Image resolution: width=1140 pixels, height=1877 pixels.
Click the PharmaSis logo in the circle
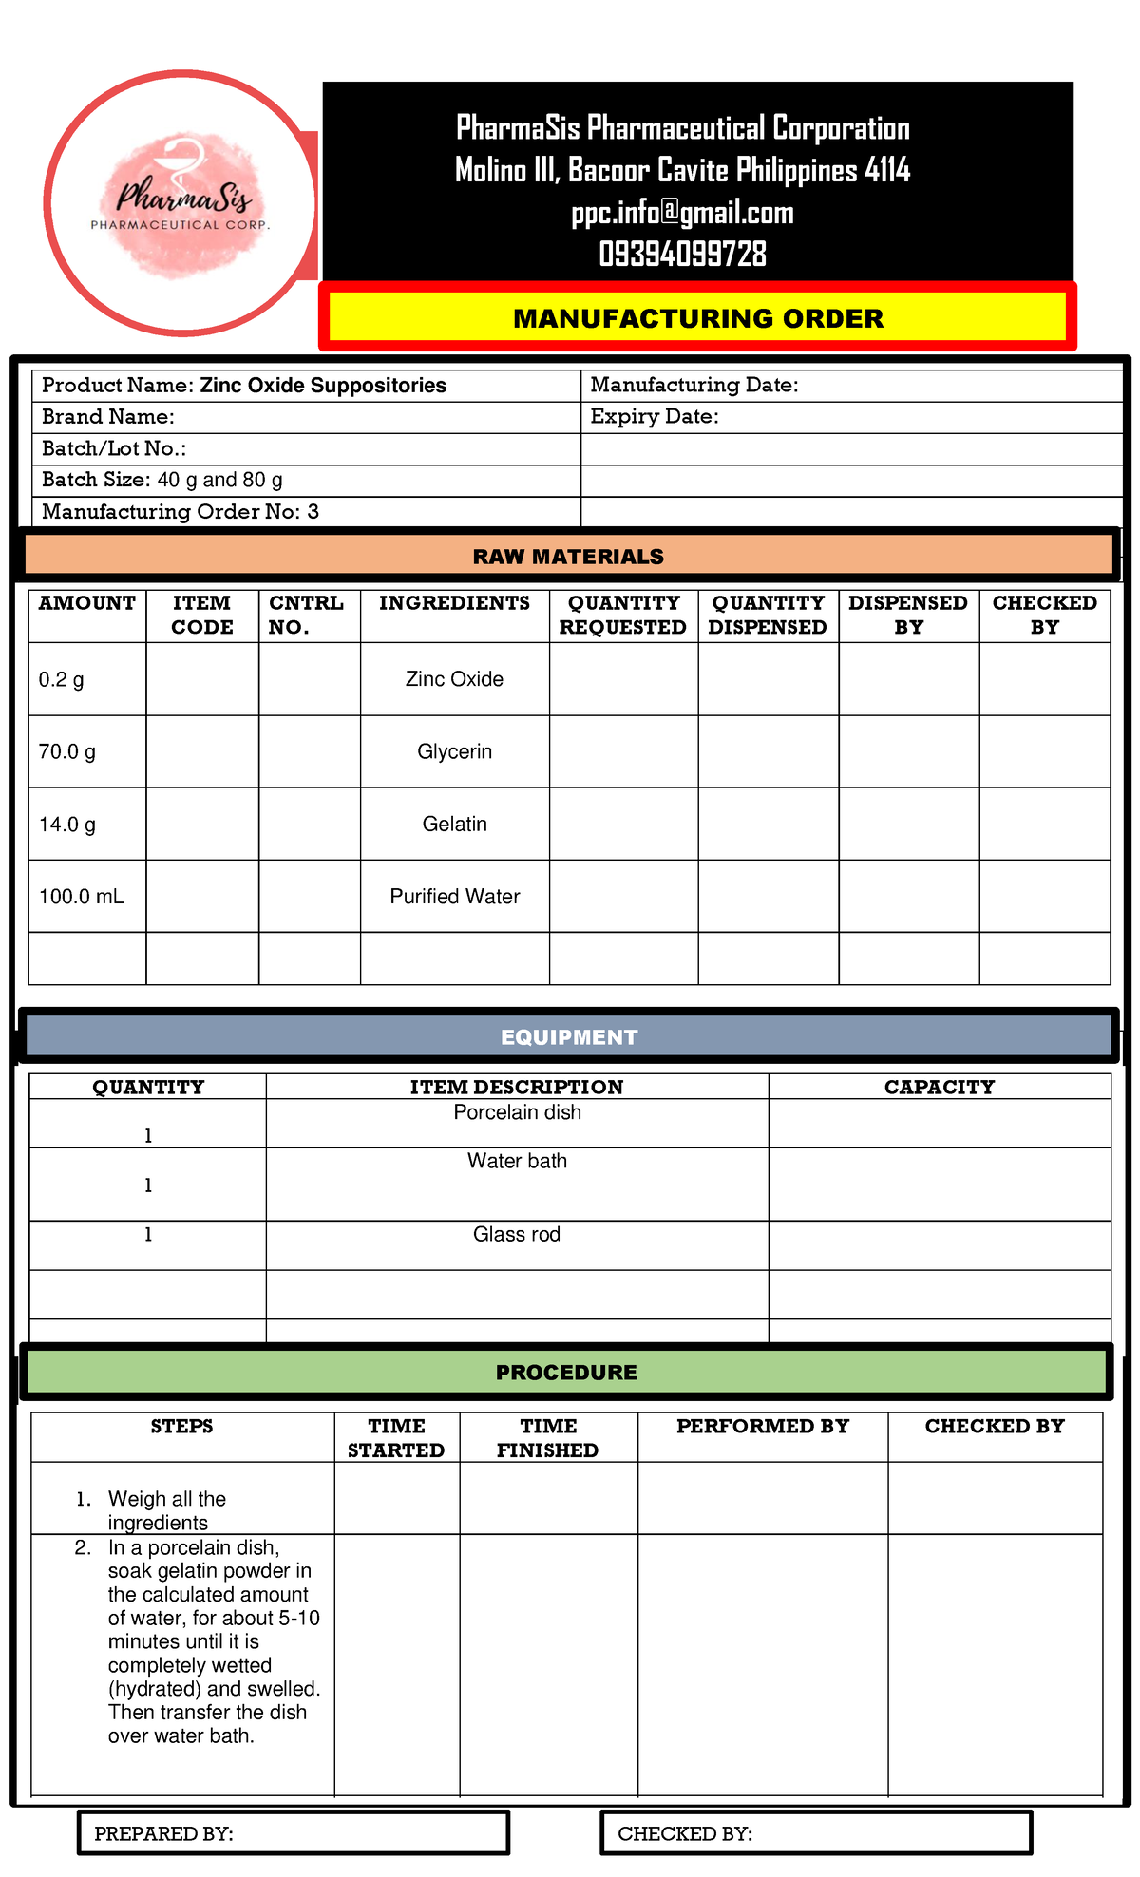tap(180, 202)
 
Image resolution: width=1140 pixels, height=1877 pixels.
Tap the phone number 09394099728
tap(682, 255)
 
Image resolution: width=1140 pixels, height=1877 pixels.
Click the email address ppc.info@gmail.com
tap(682, 213)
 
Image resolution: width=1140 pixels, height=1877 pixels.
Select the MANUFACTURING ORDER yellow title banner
tap(698, 318)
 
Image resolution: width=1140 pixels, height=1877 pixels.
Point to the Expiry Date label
tap(654, 417)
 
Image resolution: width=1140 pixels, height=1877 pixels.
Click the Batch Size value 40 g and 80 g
tap(219, 481)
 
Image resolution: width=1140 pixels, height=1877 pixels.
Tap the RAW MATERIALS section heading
tap(568, 557)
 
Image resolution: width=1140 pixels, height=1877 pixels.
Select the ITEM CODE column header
tap(202, 615)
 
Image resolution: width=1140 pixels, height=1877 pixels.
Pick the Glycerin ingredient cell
tap(454, 751)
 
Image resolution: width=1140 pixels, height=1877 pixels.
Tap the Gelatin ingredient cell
tap(454, 825)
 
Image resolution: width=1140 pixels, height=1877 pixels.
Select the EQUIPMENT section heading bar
tap(568, 1037)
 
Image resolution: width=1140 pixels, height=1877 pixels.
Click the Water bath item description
tap(517, 1161)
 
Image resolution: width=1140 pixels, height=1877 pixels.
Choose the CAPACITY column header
tap(939, 1088)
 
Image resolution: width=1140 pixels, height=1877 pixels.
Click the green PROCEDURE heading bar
tap(566, 1373)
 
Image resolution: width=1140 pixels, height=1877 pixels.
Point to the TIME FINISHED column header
tap(548, 1438)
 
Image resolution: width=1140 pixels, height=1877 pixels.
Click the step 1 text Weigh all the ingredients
tap(167, 1510)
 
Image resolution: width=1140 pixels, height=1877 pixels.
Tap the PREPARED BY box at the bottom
tap(293, 1832)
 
